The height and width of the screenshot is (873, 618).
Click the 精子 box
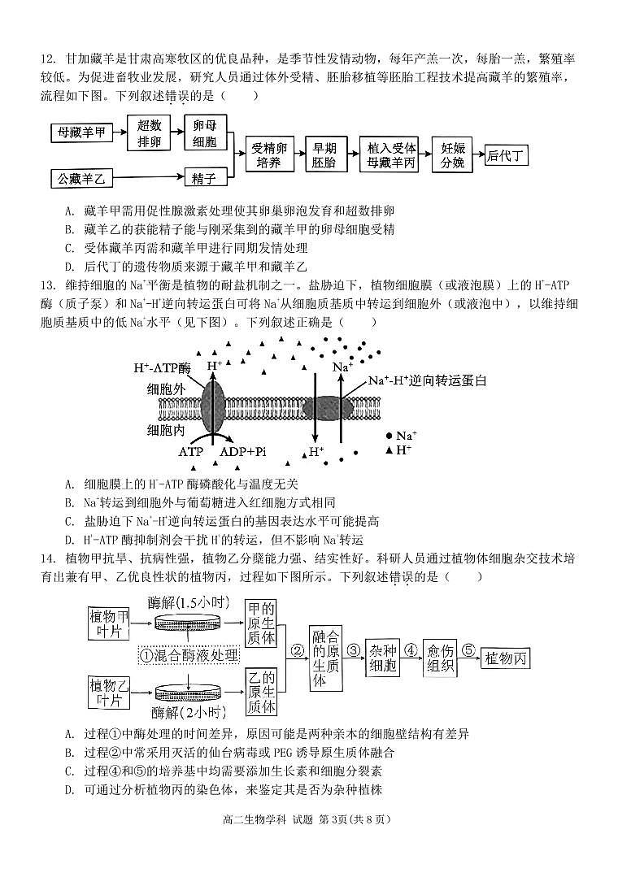point(204,177)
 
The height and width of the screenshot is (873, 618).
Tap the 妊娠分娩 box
point(452,154)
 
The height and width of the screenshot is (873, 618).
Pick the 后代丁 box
point(505,155)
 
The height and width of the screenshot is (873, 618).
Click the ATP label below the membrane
point(190,451)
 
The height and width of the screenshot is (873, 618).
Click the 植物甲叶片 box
point(110,624)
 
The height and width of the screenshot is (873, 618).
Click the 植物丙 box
point(506,657)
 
